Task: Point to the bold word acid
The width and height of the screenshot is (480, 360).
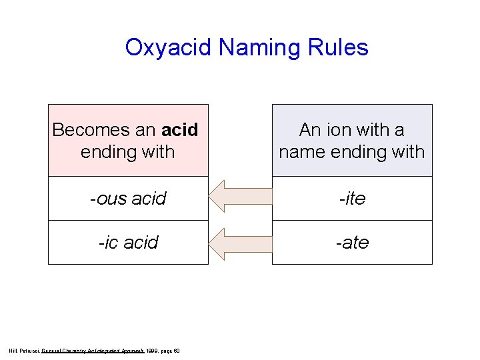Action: (x=180, y=129)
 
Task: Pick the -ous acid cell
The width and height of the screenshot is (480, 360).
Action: (x=128, y=199)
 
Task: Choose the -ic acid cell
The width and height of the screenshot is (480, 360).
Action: (x=128, y=242)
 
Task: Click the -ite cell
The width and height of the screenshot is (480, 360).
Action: (x=352, y=199)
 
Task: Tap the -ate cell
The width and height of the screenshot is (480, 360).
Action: (x=352, y=242)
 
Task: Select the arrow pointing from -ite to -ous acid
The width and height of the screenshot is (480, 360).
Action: (x=240, y=199)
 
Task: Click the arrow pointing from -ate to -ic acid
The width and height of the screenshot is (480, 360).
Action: (x=240, y=243)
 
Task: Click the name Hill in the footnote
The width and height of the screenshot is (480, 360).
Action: (x=13, y=351)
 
